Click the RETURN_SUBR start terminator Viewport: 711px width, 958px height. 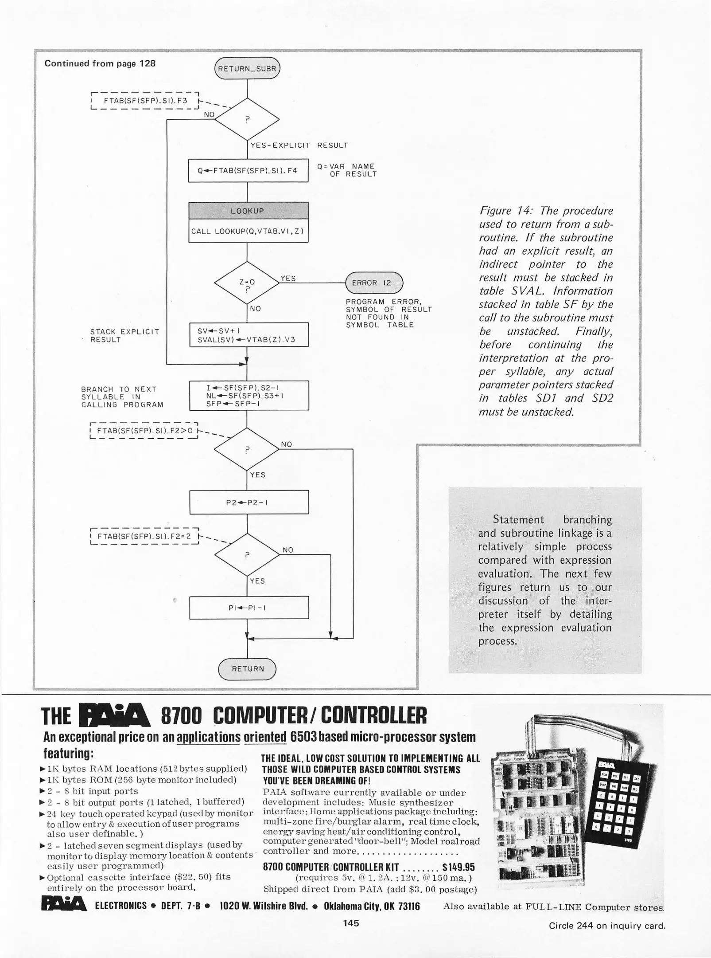[x=247, y=69]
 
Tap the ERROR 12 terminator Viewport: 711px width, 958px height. [x=374, y=283]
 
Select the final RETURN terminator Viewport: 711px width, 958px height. [x=247, y=669]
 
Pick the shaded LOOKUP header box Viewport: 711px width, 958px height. [x=248, y=211]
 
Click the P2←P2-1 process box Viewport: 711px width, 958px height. [x=249, y=502]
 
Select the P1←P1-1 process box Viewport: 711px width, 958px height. [x=249, y=608]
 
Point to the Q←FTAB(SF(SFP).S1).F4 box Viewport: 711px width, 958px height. [x=248, y=170]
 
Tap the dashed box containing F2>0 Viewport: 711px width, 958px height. [x=144, y=431]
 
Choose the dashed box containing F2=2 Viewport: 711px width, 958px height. [x=144, y=536]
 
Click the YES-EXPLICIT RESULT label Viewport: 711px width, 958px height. [x=299, y=145]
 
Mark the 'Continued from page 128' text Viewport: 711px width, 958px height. [x=100, y=63]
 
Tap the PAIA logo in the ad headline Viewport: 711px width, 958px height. [x=114, y=715]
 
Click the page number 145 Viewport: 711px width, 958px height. [x=351, y=923]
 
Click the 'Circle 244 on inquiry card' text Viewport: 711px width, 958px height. [x=607, y=926]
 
